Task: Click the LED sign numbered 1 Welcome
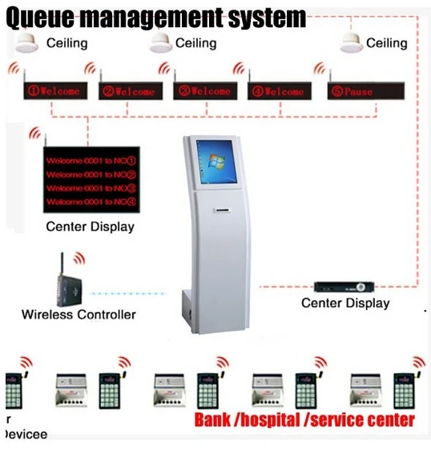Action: [55, 91]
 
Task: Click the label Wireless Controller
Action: [78, 315]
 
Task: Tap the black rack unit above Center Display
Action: [344, 286]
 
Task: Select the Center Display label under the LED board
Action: [90, 227]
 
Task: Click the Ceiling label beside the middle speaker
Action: [195, 42]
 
